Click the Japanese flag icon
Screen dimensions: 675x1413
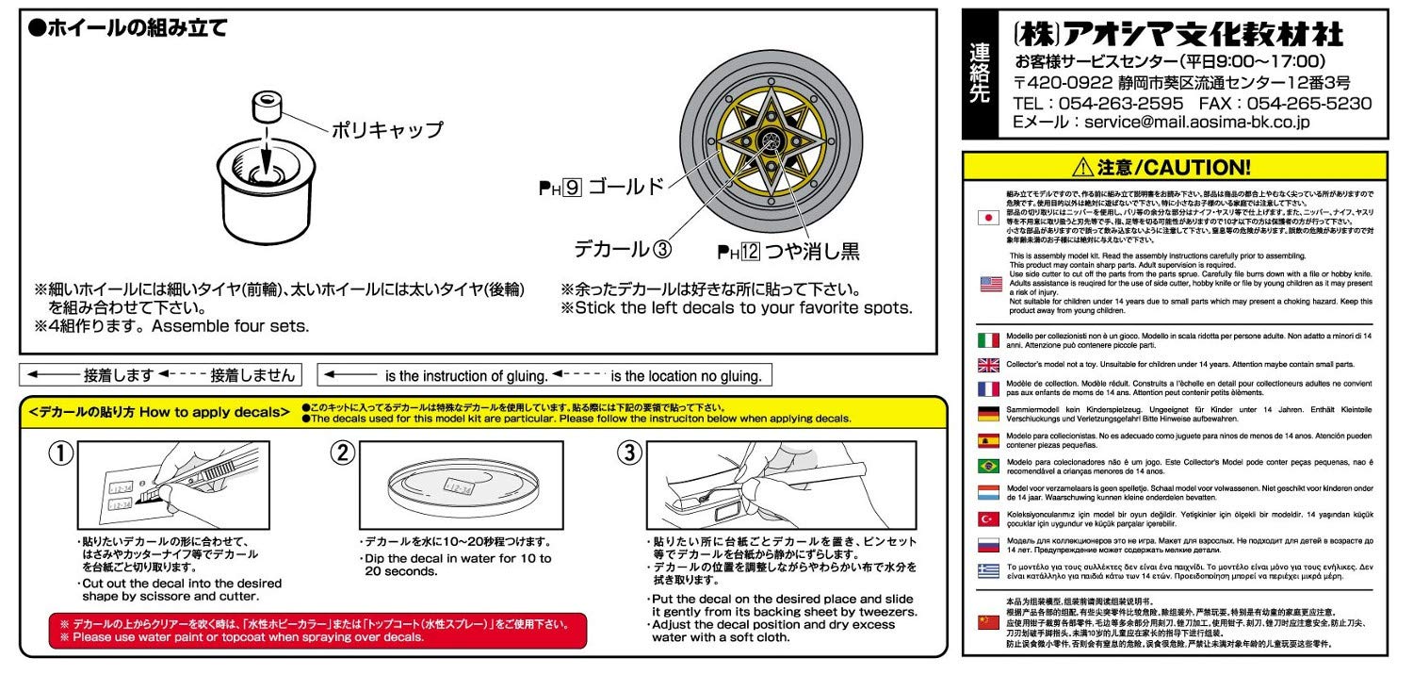click(988, 218)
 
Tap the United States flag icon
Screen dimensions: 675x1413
click(988, 283)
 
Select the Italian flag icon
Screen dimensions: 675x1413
click(988, 340)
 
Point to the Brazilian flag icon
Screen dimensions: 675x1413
click(988, 467)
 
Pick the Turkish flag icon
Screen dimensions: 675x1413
click(988, 519)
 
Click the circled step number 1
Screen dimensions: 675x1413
click(60, 453)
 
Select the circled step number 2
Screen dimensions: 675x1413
click(342, 453)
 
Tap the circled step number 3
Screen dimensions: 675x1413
click(628, 453)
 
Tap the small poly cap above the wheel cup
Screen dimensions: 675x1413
click(265, 107)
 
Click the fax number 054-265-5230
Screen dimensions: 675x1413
click(1309, 103)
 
